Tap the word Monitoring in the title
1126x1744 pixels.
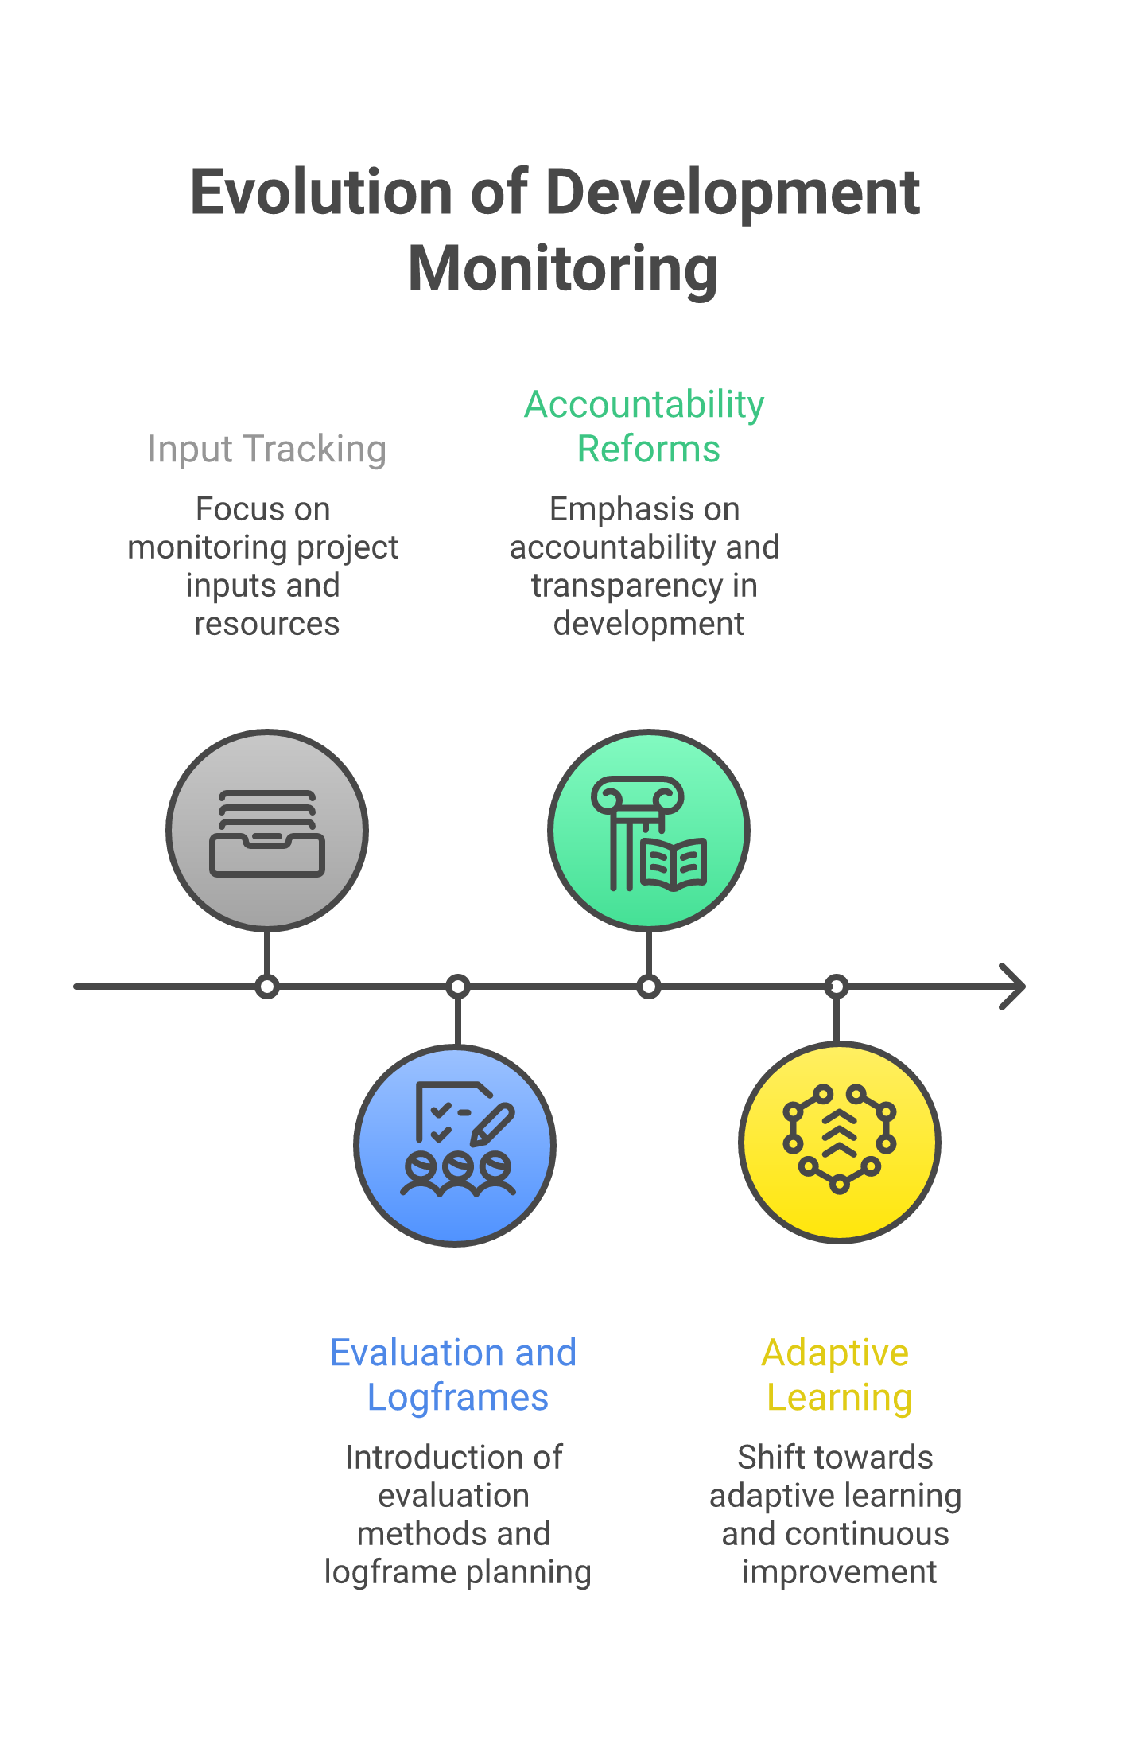[563, 269]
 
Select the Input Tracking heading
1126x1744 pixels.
[267, 449]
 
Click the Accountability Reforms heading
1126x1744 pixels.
[645, 426]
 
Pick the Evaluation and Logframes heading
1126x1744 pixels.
[454, 1375]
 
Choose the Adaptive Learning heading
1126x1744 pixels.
[837, 1375]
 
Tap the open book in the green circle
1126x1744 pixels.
[674, 862]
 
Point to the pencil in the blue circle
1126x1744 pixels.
[493, 1123]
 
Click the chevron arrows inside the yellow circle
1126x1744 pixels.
[840, 1133]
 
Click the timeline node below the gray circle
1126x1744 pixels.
[267, 987]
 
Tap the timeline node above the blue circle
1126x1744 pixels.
[458, 987]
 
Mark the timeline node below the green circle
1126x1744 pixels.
[649, 987]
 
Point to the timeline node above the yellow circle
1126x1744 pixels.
[837, 987]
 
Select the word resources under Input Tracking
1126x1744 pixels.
[267, 624]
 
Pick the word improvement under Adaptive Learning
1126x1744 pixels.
[840, 1572]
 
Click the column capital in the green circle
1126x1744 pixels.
[638, 796]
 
